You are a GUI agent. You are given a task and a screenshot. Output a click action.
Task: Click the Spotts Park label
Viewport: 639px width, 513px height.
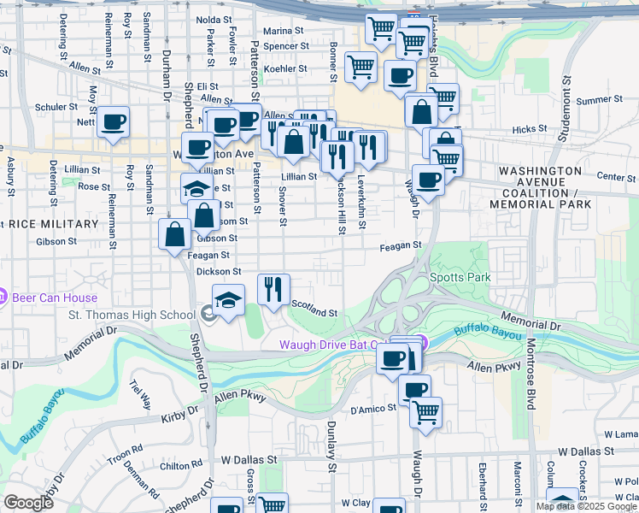coord(472,278)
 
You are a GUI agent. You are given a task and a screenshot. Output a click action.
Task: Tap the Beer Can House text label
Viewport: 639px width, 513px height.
coord(54,298)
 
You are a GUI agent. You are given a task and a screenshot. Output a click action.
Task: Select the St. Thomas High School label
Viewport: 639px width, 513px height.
coord(132,315)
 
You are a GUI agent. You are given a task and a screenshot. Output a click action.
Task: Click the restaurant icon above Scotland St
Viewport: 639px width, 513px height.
coord(273,288)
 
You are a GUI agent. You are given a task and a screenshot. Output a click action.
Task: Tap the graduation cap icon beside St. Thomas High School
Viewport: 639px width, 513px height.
coord(228,300)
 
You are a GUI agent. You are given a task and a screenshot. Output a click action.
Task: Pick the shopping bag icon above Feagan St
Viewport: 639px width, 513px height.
coord(174,233)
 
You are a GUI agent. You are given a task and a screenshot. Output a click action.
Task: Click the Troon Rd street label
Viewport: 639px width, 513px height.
coord(126,452)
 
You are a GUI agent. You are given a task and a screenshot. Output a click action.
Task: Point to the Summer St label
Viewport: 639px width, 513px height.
coord(595,101)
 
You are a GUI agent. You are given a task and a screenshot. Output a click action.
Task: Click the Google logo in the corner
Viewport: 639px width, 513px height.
coord(28,503)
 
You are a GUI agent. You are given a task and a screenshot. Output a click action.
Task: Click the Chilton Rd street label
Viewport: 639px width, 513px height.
coord(180,466)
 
